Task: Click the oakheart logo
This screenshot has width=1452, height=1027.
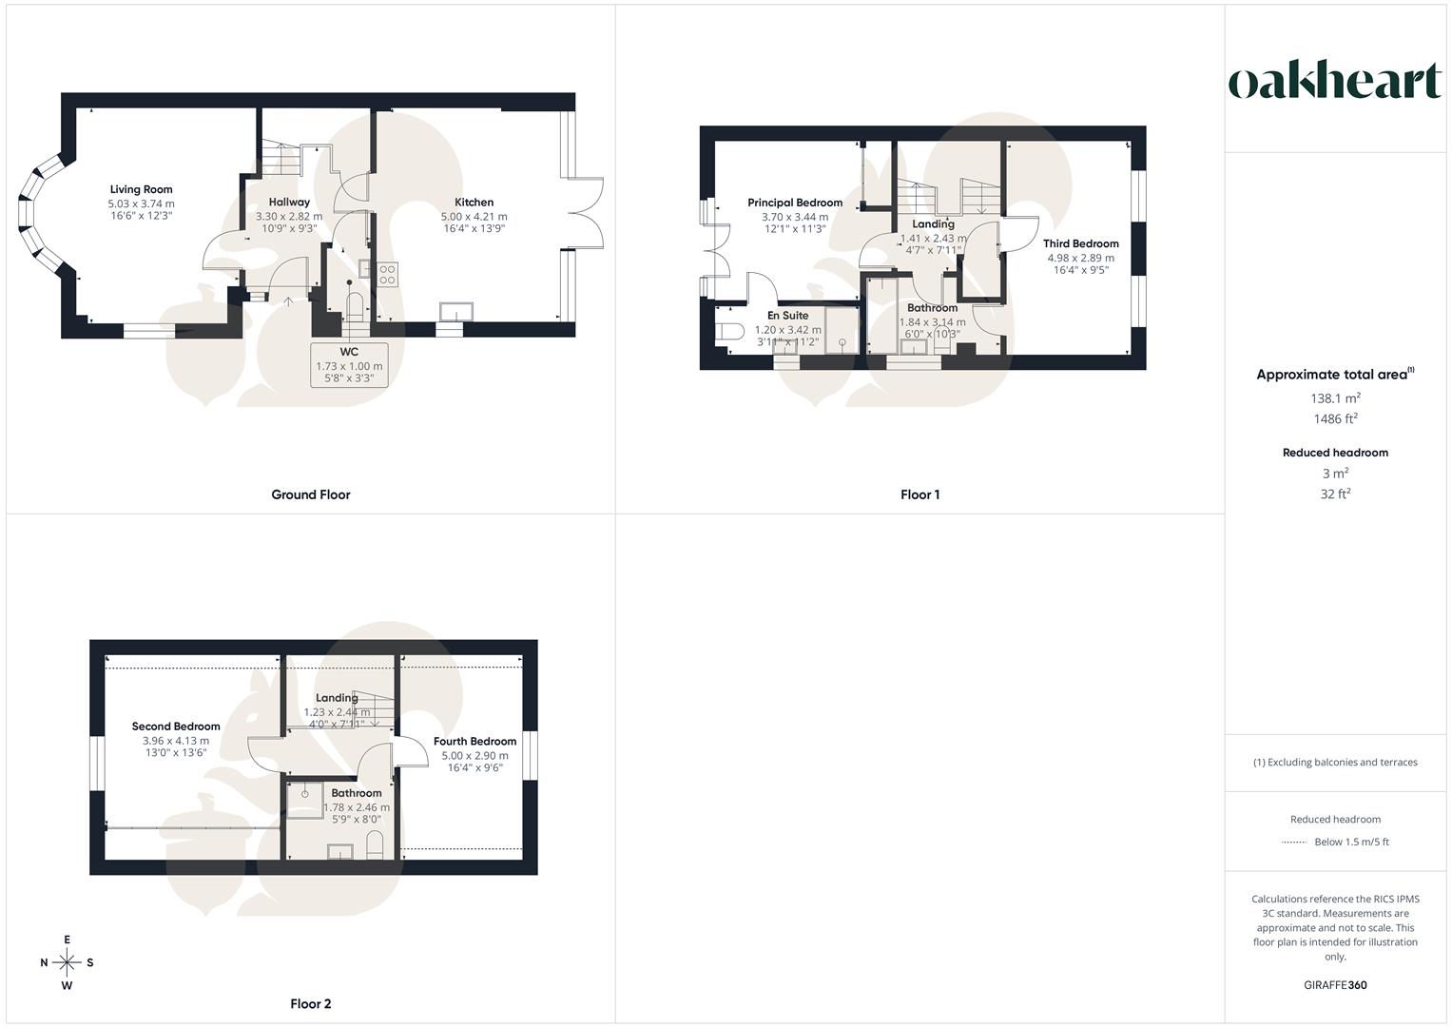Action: coord(1334,81)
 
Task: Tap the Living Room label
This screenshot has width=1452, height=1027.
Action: coord(141,189)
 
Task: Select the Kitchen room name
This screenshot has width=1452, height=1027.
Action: coord(474,202)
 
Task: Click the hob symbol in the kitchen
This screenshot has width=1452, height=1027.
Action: coord(388,275)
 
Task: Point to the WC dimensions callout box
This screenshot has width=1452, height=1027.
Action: coord(349,365)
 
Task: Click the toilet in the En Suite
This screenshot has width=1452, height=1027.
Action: coord(728,332)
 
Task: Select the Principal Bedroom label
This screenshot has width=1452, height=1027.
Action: coord(795,203)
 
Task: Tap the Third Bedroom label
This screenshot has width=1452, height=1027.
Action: coord(1080,243)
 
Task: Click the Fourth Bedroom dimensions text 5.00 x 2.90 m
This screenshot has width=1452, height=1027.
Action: coord(474,755)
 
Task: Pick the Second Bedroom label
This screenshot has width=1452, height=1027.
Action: coord(176,727)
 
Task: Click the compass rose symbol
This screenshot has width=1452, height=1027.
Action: coord(67,962)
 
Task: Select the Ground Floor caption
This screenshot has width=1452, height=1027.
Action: coord(311,494)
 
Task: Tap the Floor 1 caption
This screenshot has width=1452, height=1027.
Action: coord(920,494)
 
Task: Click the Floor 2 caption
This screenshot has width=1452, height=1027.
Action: coord(311,1003)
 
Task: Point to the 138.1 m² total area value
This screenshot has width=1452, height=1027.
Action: coord(1335,398)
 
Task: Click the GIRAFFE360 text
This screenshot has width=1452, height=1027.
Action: coord(1335,985)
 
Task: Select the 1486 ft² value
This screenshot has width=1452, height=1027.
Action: coord(1335,418)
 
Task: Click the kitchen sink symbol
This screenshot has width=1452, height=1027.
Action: coord(456,312)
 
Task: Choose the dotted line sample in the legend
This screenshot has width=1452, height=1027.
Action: coord(1294,842)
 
